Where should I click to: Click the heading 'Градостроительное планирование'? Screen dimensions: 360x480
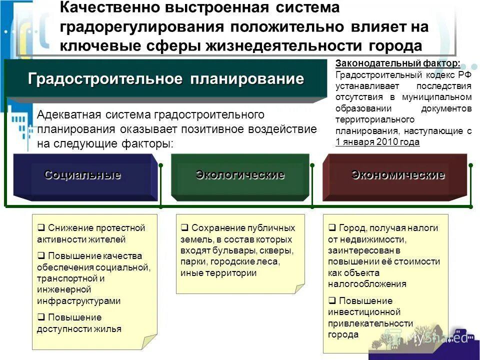(x=166, y=78)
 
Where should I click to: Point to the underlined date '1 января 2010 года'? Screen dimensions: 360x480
(x=377, y=141)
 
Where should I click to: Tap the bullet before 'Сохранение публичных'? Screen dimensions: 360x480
(x=184, y=228)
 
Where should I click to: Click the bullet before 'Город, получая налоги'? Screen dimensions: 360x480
(x=332, y=228)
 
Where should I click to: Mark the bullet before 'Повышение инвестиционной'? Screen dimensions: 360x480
(x=332, y=301)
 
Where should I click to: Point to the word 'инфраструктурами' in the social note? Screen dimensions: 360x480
(x=78, y=301)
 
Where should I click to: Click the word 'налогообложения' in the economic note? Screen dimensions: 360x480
(x=367, y=284)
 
